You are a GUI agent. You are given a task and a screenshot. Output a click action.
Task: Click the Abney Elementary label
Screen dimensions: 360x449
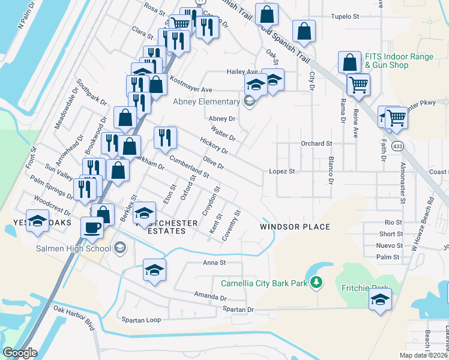coord(206,101)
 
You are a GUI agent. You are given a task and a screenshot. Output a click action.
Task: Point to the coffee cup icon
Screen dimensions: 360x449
coord(92,227)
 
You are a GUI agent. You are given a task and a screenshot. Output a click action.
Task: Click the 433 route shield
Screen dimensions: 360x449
coord(397,146)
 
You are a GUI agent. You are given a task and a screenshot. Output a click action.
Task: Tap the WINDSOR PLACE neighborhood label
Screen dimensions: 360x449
coord(295,227)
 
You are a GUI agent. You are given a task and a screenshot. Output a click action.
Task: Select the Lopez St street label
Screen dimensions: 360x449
coord(282,172)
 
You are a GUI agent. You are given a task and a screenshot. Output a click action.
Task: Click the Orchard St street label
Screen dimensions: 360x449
coord(316,144)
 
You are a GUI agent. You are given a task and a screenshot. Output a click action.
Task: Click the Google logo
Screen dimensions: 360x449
coord(20,353)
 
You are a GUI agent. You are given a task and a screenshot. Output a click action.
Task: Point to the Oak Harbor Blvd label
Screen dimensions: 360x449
coord(74,317)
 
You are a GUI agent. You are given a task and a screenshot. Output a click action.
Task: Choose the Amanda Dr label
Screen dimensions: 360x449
coord(210,296)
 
